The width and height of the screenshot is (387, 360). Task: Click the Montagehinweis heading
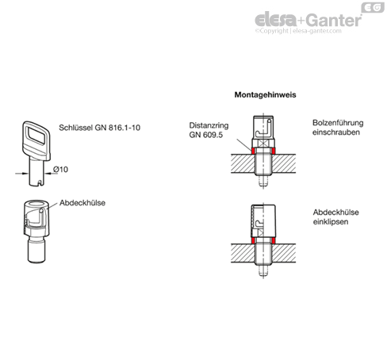coord(265,94)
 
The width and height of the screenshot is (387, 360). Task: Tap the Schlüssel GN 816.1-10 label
coord(99,128)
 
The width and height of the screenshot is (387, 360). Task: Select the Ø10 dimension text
coord(60,169)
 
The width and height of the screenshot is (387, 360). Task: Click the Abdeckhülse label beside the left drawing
coord(82,203)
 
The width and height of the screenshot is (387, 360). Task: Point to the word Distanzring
coord(209,125)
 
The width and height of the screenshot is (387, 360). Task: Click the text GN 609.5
coord(206,135)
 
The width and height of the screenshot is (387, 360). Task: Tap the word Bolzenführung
coord(338,123)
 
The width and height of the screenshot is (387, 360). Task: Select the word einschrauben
coord(336,132)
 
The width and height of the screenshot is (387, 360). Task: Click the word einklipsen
coord(331,221)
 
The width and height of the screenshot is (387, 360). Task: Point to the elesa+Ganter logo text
coord(308,20)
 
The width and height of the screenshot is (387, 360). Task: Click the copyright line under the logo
coord(298,31)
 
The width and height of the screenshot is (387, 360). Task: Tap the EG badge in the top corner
coord(373,7)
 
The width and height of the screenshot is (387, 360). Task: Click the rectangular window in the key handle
coord(37,136)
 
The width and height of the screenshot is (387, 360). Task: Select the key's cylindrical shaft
coord(36,172)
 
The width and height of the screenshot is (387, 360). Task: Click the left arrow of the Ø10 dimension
coord(22,174)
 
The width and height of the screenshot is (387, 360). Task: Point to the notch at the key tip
coord(40,182)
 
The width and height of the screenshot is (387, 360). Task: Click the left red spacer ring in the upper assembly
coord(253,151)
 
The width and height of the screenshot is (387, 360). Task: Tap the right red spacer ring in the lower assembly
coord(274,240)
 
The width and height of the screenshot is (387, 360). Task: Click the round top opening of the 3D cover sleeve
coord(36,204)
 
